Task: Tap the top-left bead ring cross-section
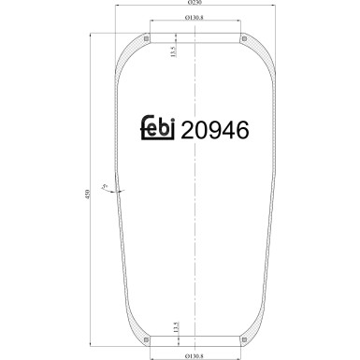(x=149, y=39)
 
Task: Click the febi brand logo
(x=162, y=130)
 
